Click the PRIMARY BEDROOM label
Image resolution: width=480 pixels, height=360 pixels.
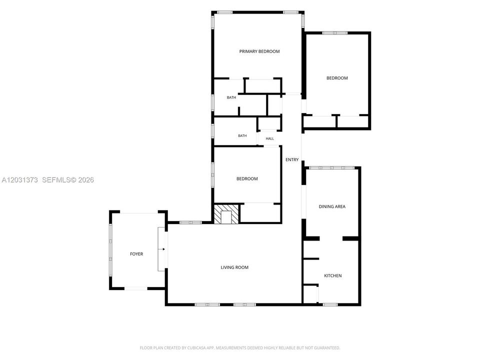(259, 51)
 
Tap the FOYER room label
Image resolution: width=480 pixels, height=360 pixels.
(136, 254)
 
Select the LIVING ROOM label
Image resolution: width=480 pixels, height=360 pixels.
(234, 267)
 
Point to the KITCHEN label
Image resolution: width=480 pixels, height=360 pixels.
(333, 275)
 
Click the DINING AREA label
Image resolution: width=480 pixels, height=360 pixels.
(332, 206)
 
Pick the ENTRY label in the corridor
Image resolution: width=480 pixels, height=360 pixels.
(292, 159)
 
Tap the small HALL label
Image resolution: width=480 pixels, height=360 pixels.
(269, 138)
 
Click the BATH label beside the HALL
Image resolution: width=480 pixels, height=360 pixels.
(242, 135)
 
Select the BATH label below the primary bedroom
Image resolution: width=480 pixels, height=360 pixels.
(231, 97)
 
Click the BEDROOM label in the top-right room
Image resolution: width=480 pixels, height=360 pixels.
(337, 78)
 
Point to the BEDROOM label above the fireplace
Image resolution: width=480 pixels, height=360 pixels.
(247, 178)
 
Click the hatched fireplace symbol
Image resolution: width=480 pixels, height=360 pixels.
(226, 214)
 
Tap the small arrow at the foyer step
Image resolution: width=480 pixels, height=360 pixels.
(162, 249)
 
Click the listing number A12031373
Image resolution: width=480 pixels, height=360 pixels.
(19, 179)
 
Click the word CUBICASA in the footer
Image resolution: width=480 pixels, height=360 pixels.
(198, 348)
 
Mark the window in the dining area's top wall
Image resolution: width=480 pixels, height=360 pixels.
(332, 168)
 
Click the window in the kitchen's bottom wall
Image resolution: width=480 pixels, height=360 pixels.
(330, 304)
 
